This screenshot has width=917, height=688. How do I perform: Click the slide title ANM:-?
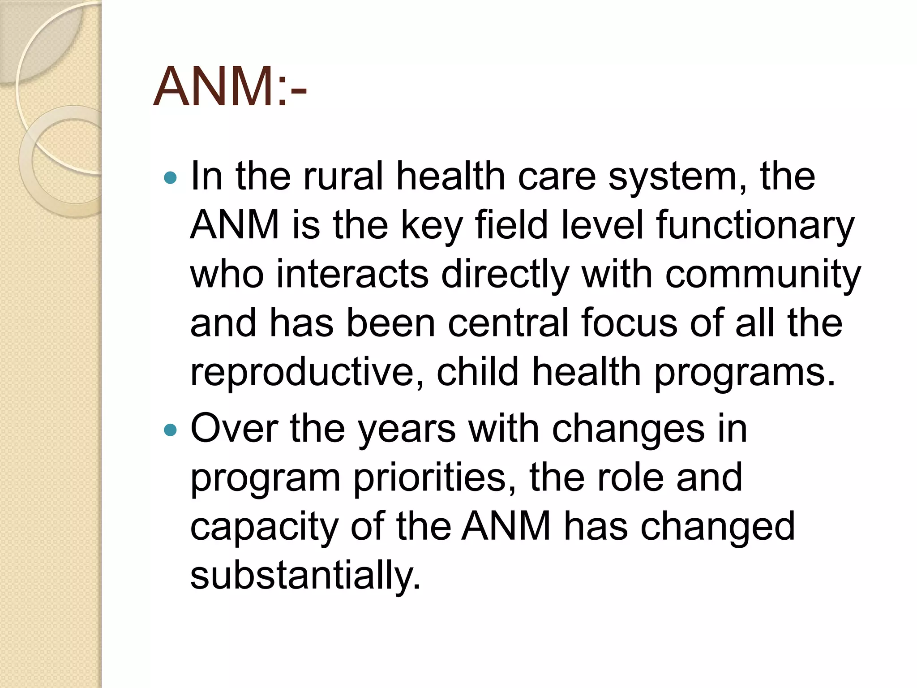tap(230, 87)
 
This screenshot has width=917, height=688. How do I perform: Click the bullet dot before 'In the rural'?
tap(171, 178)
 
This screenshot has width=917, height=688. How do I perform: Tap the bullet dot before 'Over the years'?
tap(171, 430)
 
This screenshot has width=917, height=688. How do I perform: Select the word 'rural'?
tap(343, 176)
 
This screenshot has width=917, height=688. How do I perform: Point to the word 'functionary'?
tap(755, 226)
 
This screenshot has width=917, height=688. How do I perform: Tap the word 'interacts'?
tap(352, 274)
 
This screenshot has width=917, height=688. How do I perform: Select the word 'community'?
tap(763, 275)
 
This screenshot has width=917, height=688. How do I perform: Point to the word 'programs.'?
tap(745, 373)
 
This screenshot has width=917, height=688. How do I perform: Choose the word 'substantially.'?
tap(306, 576)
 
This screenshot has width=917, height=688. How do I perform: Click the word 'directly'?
tap(505, 275)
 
